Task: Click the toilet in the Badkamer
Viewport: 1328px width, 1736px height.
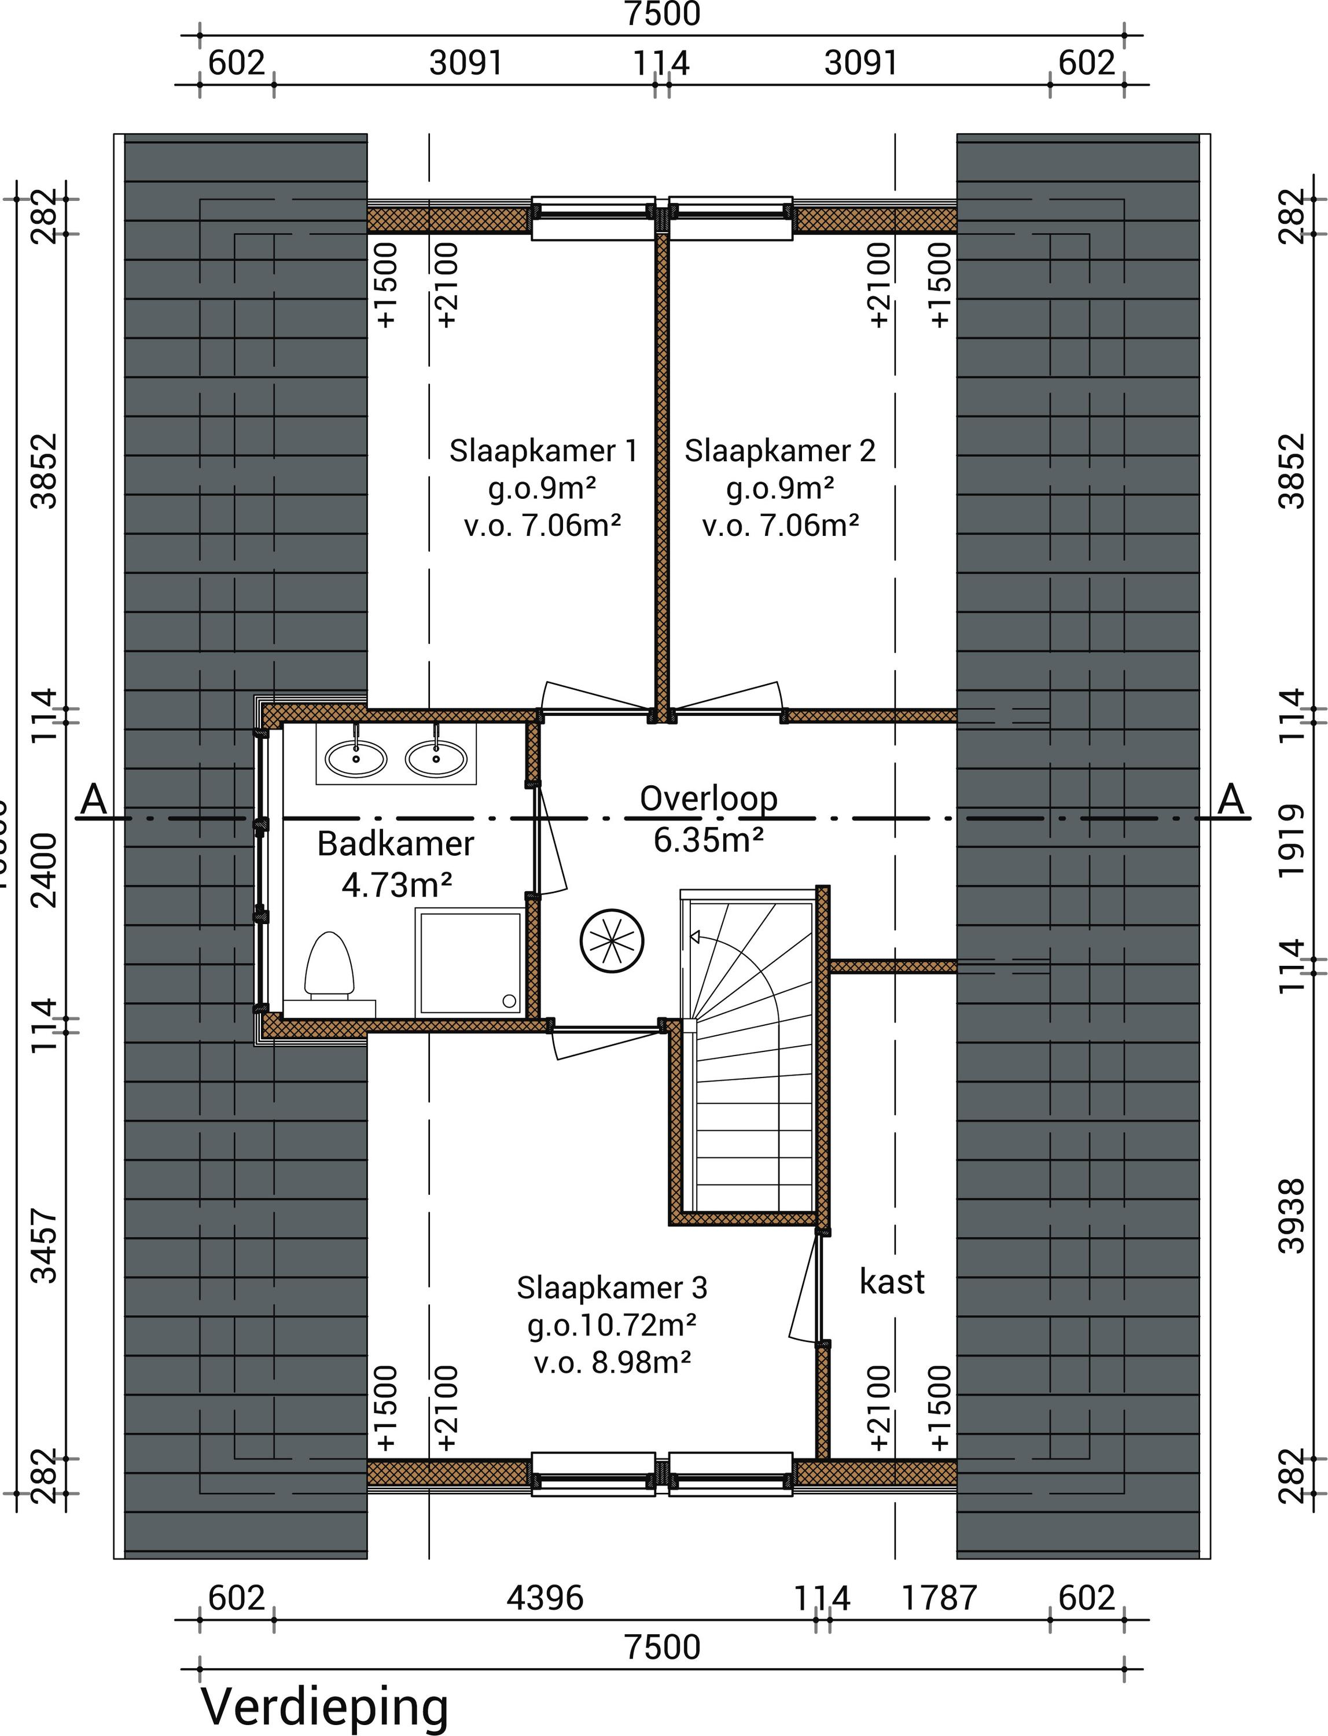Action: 329,965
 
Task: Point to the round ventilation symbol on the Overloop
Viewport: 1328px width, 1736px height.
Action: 612,941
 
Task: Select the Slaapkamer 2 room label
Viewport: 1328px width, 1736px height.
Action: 779,451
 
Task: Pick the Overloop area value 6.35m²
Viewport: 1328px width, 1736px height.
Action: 708,840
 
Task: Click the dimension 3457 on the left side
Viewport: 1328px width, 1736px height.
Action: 45,1246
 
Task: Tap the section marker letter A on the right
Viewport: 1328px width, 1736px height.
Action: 1231,800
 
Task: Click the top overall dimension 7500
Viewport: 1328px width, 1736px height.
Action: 663,14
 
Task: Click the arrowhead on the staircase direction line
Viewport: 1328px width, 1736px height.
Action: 696,937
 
